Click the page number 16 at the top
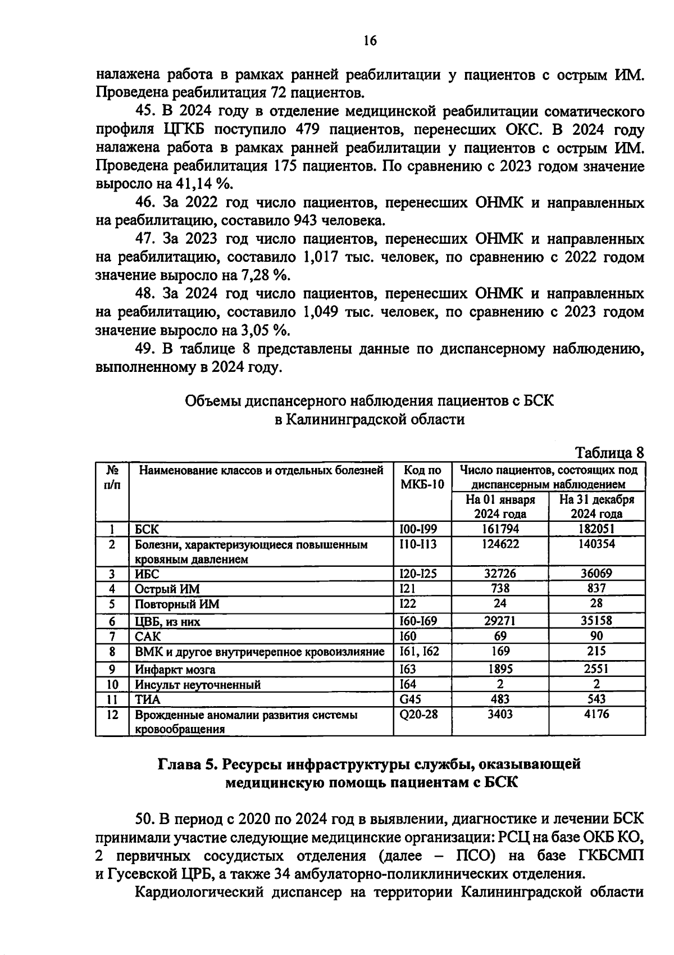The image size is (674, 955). click(x=370, y=40)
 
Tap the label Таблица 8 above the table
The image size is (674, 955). click(x=609, y=453)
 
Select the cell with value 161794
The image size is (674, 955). click(x=500, y=529)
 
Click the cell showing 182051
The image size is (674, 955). click(x=596, y=529)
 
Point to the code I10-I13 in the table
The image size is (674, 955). click(x=417, y=544)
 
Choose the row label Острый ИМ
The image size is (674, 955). click(x=167, y=589)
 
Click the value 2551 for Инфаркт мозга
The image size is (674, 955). click(x=596, y=669)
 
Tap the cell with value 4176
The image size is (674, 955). click(x=596, y=715)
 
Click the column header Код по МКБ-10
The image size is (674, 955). click(x=422, y=477)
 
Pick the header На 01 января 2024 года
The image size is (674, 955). click(x=500, y=506)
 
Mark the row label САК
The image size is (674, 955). click(x=148, y=636)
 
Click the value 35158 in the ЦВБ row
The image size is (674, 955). click(x=596, y=621)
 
